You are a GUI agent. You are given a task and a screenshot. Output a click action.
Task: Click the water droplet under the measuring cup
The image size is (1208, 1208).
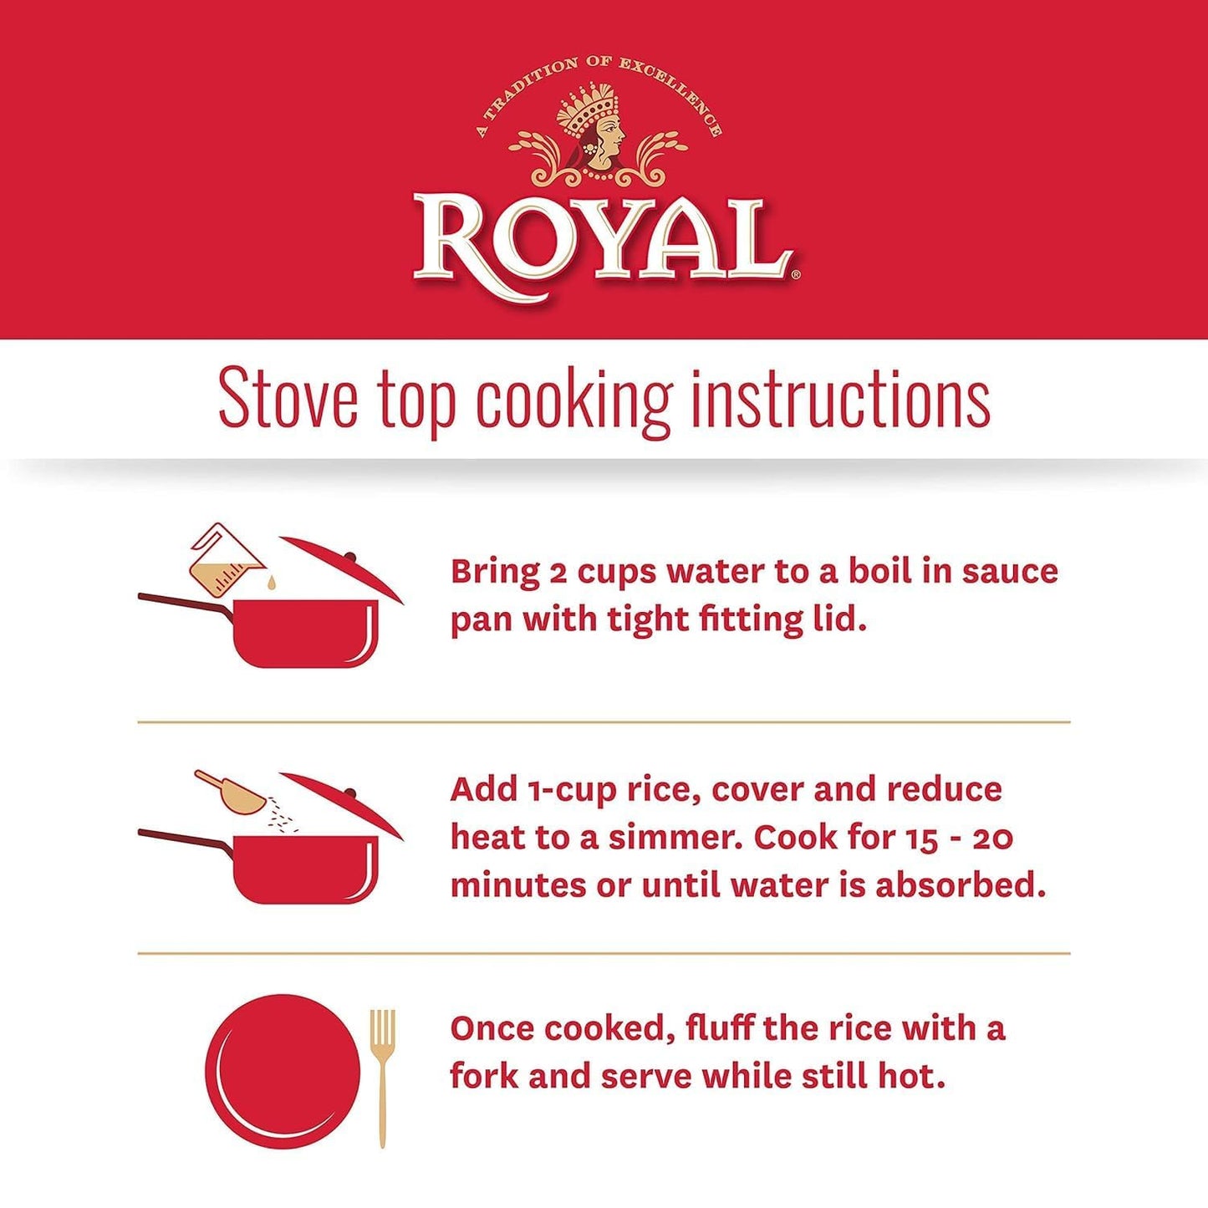point(270,584)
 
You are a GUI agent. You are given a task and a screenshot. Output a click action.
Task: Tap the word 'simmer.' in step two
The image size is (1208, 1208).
point(671,838)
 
